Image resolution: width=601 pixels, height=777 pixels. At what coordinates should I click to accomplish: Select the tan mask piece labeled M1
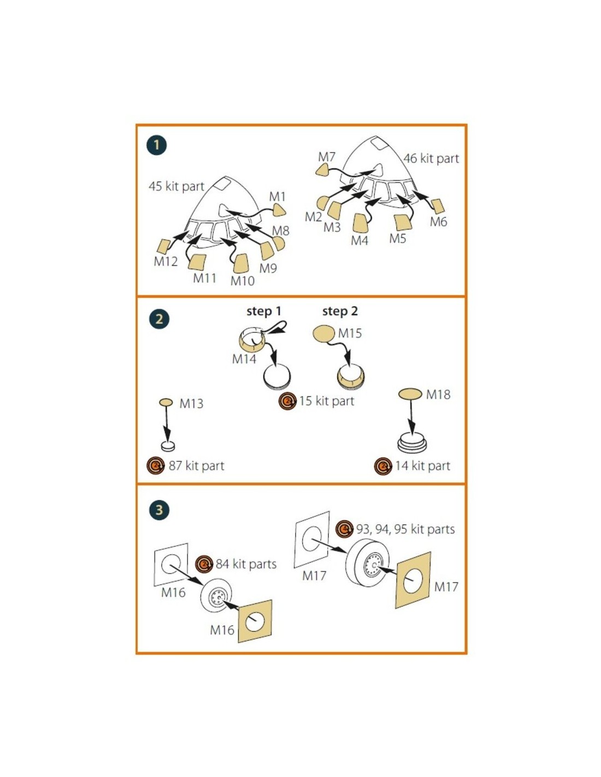click(x=279, y=210)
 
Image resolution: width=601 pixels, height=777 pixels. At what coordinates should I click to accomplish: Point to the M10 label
click(x=242, y=281)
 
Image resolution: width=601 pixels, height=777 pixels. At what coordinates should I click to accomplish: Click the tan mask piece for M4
click(x=360, y=223)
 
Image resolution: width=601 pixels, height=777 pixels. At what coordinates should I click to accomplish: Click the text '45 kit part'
click(x=176, y=186)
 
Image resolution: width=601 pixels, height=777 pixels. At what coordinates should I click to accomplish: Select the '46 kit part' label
click(x=431, y=158)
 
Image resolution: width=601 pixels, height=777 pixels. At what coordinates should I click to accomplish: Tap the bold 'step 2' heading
click(x=340, y=311)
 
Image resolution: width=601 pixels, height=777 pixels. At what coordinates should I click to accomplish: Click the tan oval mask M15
click(x=325, y=334)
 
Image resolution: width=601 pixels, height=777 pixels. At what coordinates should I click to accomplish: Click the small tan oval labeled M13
click(x=166, y=402)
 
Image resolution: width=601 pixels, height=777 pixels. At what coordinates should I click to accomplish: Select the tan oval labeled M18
click(x=410, y=394)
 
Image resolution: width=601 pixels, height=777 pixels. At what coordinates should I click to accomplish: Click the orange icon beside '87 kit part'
click(x=156, y=466)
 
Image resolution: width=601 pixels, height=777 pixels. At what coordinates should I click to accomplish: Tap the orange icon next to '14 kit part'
click(x=382, y=466)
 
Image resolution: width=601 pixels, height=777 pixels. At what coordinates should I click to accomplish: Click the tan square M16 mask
click(x=255, y=621)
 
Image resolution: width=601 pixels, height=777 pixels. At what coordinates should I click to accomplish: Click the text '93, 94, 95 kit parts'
click(x=405, y=529)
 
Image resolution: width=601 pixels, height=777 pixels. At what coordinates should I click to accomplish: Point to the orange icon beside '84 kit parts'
click(x=204, y=564)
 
